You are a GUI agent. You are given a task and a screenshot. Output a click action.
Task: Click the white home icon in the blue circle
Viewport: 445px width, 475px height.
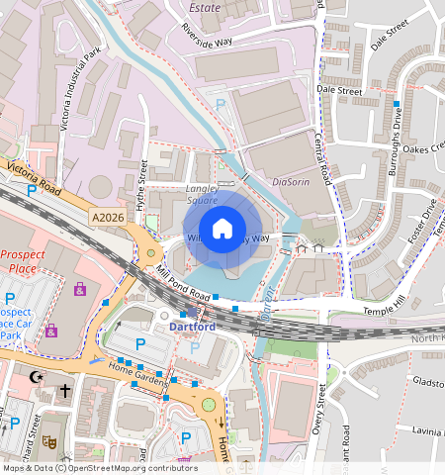pos(222,229)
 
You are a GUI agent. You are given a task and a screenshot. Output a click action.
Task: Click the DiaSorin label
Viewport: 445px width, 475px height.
pos(291,181)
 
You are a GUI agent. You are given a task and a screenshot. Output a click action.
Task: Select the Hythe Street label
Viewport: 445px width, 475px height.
pos(142,184)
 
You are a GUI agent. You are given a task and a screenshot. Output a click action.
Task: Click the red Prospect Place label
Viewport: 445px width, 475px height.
pos(23,260)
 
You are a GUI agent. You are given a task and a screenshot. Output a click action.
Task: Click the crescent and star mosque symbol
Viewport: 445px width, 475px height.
pos(38,377)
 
